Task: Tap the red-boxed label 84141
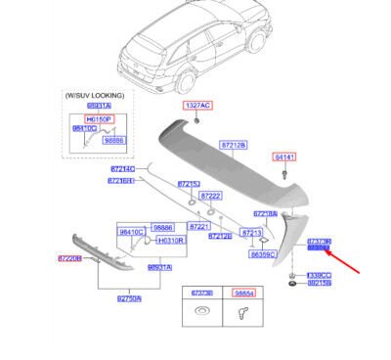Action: [x=283, y=156]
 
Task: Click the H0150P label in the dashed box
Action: [x=99, y=118]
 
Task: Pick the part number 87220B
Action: [x=70, y=258]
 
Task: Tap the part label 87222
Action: [x=210, y=195]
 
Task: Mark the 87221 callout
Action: [x=199, y=226]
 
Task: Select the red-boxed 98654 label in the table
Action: [x=243, y=292]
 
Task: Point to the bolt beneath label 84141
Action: [x=283, y=173]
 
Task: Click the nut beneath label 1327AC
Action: [x=196, y=119]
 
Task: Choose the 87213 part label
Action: [x=251, y=233]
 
